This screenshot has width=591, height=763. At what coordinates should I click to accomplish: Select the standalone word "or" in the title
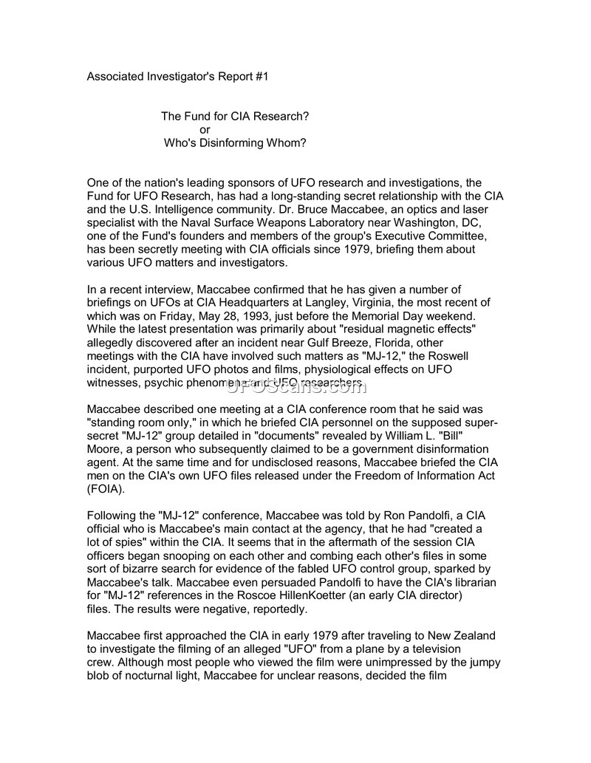(x=205, y=130)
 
